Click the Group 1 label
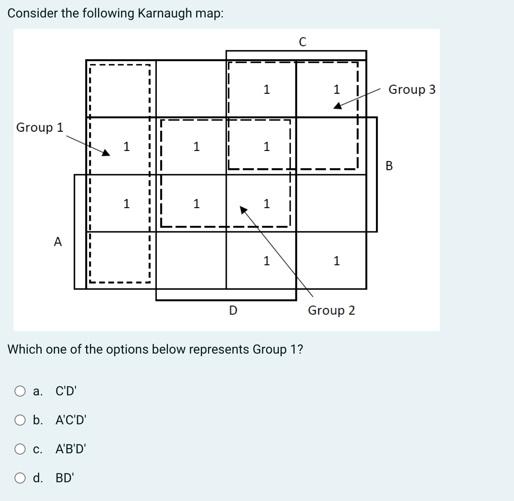pyautogui.click(x=40, y=127)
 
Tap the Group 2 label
pyautogui.click(x=331, y=311)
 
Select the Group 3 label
pyautogui.click(x=412, y=89)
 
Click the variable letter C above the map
pyautogui.click(x=303, y=42)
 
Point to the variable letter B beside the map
pyautogui.click(x=389, y=166)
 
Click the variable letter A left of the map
pyautogui.click(x=58, y=242)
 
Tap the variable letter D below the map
pyautogui.click(x=233, y=311)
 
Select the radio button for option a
pyautogui.click(x=20, y=391)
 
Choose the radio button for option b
pyautogui.click(x=20, y=420)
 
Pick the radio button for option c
pyautogui.click(x=20, y=449)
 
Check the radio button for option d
pyautogui.click(x=20, y=478)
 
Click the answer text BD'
pyautogui.click(x=65, y=478)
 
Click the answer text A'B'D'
pyautogui.click(x=71, y=449)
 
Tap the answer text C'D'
pyautogui.click(x=66, y=391)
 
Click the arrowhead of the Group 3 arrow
pyautogui.click(x=337, y=106)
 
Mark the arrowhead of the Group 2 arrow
pyautogui.click(x=243, y=209)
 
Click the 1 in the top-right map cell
pyautogui.click(x=337, y=89)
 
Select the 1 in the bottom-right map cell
pyautogui.click(x=337, y=261)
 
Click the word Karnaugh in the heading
pyautogui.click(x=165, y=13)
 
